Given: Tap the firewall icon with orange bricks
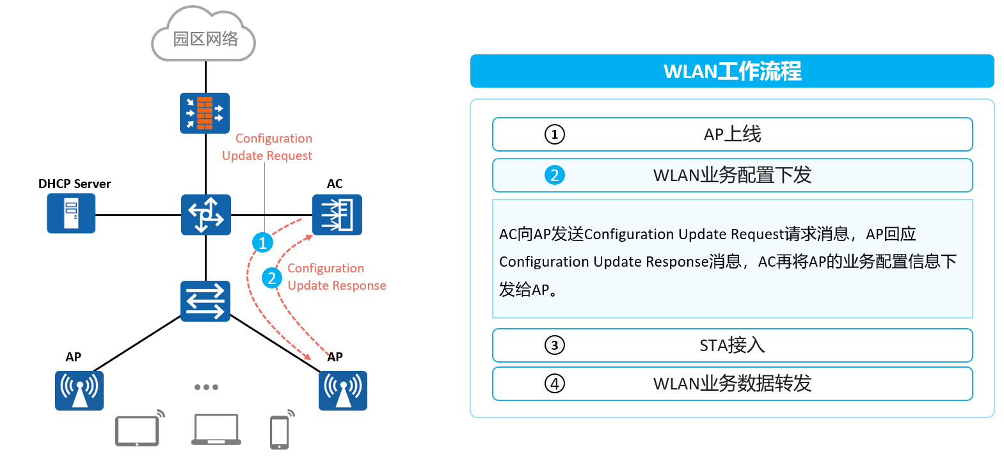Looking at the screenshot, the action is point(205,113).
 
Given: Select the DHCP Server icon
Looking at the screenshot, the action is point(71,213).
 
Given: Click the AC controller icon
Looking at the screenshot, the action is point(337,215).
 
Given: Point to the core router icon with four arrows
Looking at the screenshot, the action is point(206,215).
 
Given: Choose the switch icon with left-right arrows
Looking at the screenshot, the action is point(205,301).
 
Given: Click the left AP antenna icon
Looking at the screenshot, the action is point(79,391).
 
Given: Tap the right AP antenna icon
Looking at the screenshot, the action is point(343,391).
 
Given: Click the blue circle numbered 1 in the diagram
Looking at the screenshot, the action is point(262,243).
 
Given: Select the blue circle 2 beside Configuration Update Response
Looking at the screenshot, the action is point(272,279).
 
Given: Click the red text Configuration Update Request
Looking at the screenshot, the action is point(267,147).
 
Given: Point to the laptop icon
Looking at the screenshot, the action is point(216,429).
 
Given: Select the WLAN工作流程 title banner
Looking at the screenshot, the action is point(732,71).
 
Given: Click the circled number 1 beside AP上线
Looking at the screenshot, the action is point(554,134).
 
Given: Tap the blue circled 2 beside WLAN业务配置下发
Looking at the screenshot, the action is point(554,175).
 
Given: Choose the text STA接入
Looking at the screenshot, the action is point(732,345).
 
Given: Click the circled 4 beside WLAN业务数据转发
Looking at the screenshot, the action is point(554,384).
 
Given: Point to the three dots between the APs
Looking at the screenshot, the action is point(206,387).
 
